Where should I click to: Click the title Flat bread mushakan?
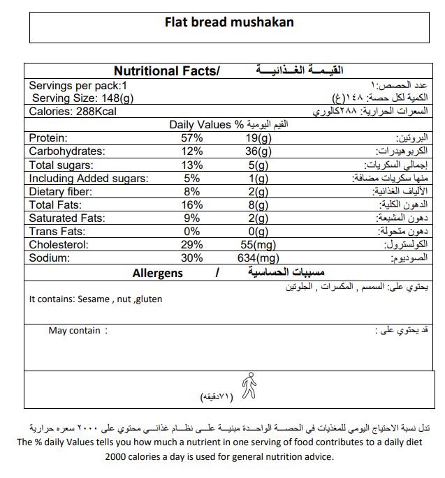pos(229,22)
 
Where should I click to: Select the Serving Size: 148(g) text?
pos(82,98)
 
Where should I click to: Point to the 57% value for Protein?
pos(191,138)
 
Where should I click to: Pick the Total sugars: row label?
pos(62,165)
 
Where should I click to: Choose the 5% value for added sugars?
pos(192,179)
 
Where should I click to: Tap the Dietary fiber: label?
pos(60,192)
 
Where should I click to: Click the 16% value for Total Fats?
pos(191,205)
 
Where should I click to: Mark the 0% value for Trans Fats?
pos(191,232)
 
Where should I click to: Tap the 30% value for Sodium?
pos(191,258)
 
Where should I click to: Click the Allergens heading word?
pos(157,273)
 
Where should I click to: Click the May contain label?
pos(74,331)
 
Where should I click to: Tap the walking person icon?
pos(248,386)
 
